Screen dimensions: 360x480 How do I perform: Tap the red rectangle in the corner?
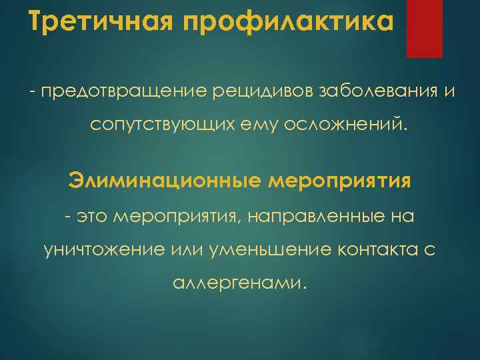click(x=425, y=28)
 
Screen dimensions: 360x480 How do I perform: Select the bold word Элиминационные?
click(x=164, y=181)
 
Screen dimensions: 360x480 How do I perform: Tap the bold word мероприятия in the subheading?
click(x=339, y=181)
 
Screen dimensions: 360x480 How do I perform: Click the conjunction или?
click(x=191, y=250)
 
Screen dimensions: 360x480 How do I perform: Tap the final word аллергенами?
click(x=240, y=284)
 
